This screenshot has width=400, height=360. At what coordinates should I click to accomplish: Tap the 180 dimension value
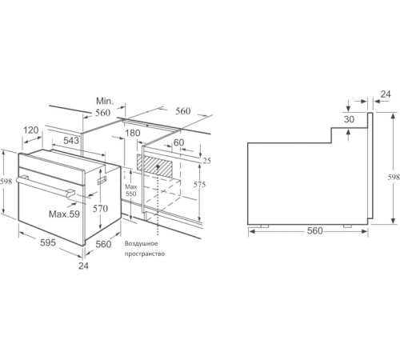point(133,133)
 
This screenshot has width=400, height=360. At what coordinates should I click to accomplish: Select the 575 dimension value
point(201,186)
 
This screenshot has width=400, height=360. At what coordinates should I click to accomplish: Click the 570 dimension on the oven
point(99,208)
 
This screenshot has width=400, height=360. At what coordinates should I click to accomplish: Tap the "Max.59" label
point(64,214)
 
